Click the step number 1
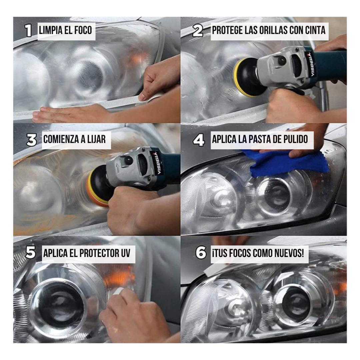28,31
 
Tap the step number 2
198,31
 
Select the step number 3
31,140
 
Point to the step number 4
199,140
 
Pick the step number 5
31,253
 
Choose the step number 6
201,253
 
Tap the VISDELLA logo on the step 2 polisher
311,64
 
